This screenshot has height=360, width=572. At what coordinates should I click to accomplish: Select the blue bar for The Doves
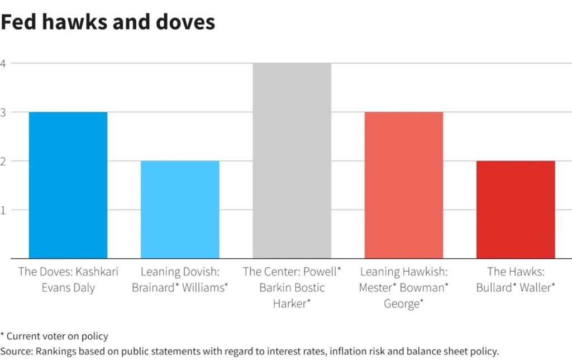(x=68, y=185)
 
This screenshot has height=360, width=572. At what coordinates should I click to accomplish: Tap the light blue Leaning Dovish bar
(x=180, y=210)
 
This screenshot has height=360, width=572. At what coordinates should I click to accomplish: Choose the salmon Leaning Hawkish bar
(x=404, y=185)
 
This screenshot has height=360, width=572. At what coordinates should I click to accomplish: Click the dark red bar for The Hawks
(x=516, y=210)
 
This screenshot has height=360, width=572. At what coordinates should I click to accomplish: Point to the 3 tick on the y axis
(x=3, y=112)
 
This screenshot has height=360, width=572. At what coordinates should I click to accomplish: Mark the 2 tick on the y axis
(x=3, y=161)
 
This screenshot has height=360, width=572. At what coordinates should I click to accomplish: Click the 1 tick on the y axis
(x=3, y=210)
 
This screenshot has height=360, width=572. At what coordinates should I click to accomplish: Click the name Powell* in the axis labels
(x=322, y=272)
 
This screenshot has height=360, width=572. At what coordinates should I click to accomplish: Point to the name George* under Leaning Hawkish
(x=404, y=305)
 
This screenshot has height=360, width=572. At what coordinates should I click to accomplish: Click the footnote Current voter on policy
(x=57, y=337)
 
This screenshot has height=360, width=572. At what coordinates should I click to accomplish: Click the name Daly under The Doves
(x=84, y=288)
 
